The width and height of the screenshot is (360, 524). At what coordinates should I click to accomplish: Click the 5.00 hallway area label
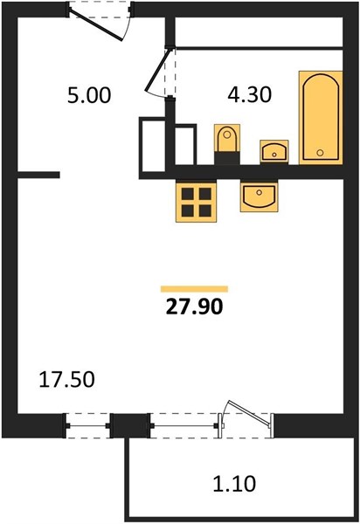(x=89, y=95)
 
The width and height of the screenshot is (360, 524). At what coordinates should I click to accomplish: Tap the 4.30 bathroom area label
(x=249, y=94)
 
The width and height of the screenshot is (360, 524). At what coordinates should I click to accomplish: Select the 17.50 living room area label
(x=67, y=380)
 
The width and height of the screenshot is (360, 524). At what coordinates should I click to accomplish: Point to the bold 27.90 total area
(x=194, y=307)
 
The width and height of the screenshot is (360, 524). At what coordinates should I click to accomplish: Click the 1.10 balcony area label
(x=235, y=483)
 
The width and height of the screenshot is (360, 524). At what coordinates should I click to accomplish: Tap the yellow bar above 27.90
(x=194, y=289)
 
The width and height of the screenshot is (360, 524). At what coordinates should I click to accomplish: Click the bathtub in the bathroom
(x=321, y=117)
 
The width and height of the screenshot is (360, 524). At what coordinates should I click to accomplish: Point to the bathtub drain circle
(x=320, y=153)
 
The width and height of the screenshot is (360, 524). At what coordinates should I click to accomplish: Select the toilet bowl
(x=227, y=138)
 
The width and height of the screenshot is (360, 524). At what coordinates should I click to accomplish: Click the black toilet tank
(x=227, y=158)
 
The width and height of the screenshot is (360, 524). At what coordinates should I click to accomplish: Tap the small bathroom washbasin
(x=274, y=152)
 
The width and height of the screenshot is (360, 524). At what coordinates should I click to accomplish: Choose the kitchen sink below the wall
(x=259, y=196)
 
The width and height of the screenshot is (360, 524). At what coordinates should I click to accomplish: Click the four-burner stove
(x=197, y=201)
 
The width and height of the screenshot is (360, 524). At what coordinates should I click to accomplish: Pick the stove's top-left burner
(x=188, y=194)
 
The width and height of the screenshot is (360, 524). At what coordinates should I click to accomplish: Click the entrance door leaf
(x=96, y=24)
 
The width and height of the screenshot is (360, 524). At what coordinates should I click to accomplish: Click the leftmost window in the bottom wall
(x=87, y=426)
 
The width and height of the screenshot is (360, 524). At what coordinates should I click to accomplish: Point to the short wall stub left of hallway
(x=38, y=175)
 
